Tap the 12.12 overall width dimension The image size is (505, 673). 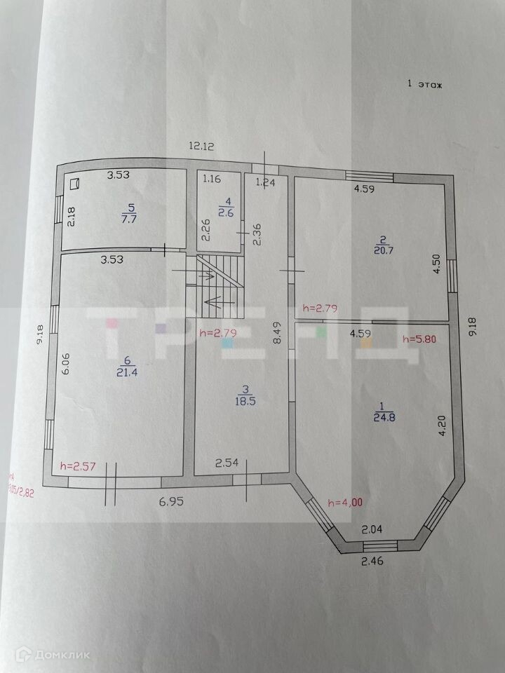(201, 146)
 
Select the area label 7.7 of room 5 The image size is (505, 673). (128, 217)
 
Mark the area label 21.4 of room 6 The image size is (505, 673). (126, 372)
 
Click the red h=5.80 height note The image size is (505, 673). (420, 339)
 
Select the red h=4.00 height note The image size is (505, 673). (345, 502)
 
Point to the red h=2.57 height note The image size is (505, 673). (78, 465)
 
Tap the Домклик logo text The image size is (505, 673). (66, 655)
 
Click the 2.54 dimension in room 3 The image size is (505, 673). (227, 463)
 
